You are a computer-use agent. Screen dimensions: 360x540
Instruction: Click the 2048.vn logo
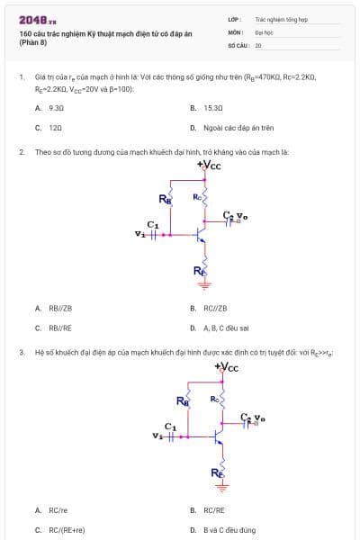38,19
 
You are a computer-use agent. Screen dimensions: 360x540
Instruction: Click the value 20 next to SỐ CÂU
258,44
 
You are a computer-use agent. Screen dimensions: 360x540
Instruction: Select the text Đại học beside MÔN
264,31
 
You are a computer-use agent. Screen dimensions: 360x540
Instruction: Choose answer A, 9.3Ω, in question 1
56,107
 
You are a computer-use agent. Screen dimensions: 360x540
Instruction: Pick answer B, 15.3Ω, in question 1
212,107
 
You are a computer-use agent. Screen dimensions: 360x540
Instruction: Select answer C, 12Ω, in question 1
55,128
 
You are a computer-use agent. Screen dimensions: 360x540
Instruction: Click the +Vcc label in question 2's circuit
209,165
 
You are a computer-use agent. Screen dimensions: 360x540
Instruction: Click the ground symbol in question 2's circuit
205,285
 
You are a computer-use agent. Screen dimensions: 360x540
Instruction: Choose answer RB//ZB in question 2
60,308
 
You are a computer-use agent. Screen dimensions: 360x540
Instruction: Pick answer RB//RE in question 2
60,328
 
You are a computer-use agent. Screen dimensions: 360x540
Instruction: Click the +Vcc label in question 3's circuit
227,366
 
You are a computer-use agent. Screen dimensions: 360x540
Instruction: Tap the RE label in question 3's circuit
217,472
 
